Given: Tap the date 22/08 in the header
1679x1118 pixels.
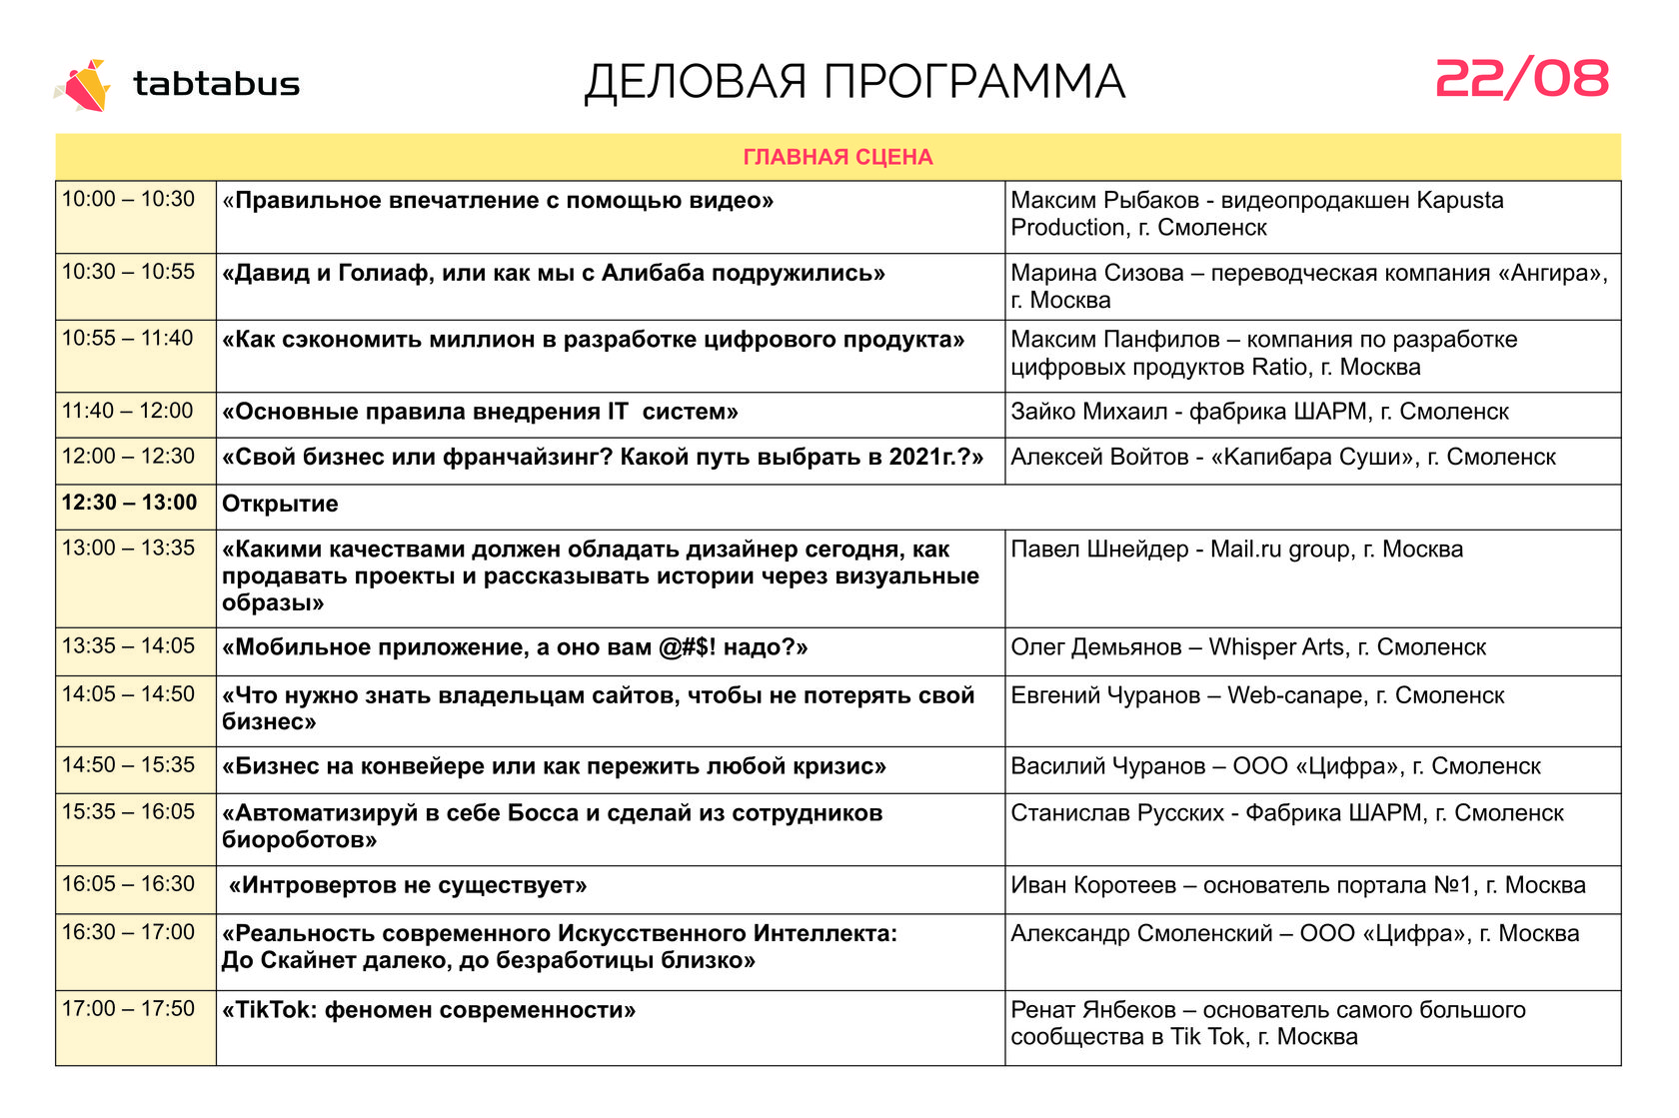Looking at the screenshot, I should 1521,79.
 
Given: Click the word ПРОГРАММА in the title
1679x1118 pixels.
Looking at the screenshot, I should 974,83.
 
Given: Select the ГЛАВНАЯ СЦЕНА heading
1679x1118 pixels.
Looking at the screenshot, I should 838,157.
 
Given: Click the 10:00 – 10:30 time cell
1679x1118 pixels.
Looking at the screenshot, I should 129,200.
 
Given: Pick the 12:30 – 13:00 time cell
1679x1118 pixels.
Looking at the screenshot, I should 130,503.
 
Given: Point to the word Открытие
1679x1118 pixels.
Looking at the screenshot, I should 280,505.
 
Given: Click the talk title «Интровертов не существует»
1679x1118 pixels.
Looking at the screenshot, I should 408,886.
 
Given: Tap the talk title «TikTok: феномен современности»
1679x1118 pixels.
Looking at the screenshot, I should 429,1010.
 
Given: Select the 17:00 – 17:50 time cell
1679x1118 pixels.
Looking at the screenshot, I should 129,1009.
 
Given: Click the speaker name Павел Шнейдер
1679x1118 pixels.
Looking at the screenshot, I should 1097,550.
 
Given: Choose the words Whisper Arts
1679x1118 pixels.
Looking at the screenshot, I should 1276,647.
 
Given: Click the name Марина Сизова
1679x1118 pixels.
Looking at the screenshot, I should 1096,273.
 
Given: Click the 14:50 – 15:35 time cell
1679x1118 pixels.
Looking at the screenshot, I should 129,765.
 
